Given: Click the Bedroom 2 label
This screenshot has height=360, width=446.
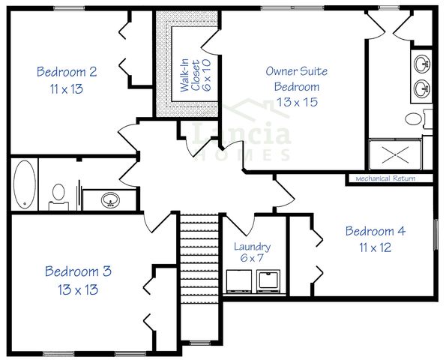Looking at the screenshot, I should point(67,72).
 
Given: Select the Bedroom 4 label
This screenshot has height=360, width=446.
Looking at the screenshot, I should point(375,231).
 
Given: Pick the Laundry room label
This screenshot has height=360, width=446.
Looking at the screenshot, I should point(251,247).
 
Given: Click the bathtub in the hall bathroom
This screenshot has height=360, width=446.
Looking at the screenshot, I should point(24,184).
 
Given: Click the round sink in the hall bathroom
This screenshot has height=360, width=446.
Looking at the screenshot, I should point(111,200).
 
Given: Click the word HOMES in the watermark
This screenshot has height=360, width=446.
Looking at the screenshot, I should point(241,155).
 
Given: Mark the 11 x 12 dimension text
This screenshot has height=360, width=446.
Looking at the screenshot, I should point(375,247).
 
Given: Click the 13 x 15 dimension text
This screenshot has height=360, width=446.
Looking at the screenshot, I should point(296,101).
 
